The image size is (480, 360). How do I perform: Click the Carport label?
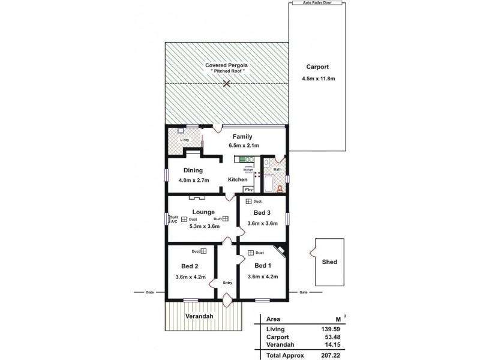click(x=317, y=67)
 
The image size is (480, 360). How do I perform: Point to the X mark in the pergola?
click(x=226, y=83)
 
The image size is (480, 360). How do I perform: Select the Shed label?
click(x=329, y=262)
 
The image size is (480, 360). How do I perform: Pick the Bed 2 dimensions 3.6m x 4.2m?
click(x=190, y=277)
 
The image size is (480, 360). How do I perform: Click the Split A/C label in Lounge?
click(x=173, y=219)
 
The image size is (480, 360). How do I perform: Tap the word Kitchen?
click(x=238, y=180)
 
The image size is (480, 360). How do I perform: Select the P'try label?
click(x=248, y=190)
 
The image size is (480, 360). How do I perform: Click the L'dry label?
click(x=185, y=140)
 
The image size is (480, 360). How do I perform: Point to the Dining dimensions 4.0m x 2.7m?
click(x=193, y=181)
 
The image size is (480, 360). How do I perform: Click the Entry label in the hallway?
click(x=227, y=283)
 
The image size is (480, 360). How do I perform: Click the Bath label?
click(x=277, y=170)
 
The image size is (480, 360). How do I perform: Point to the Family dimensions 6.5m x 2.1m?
click(x=242, y=145)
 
